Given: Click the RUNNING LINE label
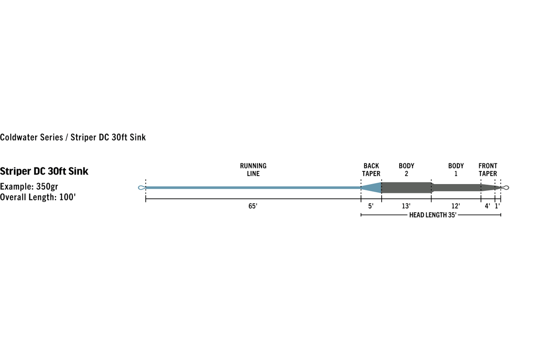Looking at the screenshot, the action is (253, 170).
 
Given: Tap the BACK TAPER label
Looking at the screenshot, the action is (371, 170).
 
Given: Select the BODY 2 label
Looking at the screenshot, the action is (406, 170).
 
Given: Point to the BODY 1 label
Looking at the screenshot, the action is (456, 170).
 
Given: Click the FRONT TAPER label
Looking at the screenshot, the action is (488, 170).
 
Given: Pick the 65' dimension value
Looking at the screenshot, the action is (253, 206).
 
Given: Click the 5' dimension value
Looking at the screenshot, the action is (371, 206).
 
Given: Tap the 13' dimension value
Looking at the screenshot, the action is (406, 206).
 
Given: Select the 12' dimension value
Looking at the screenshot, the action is (455, 206).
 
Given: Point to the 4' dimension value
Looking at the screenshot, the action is (487, 206).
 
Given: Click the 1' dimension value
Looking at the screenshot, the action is (497, 206).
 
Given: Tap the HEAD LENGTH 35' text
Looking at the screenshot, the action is (433, 215).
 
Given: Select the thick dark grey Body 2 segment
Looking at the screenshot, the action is (406, 188).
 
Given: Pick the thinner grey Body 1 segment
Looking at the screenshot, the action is (457, 188).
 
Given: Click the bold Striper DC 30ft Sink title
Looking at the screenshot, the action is (44, 171).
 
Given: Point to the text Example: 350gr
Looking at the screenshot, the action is (29, 187).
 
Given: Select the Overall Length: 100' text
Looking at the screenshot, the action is (38, 197).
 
